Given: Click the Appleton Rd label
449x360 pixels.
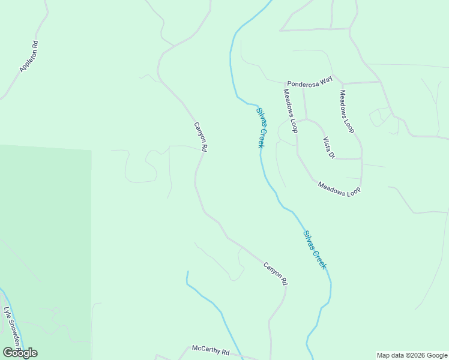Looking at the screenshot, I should coord(29,57).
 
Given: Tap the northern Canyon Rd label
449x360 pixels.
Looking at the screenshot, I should coord(200,137).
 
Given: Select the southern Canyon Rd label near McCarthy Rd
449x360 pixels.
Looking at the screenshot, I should coord(276,273).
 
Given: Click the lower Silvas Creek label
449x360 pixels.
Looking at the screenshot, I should coord(315,250).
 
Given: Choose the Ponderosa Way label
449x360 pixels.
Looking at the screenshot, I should coord(309,83).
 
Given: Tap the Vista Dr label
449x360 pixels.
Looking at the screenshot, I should coord(329,148).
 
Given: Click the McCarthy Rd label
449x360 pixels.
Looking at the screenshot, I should coord(211,350).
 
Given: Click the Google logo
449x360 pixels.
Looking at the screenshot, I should coord(20,353).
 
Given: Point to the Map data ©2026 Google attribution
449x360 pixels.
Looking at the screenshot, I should coord(412,355).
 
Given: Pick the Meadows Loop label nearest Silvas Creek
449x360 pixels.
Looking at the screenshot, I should coord(291,110).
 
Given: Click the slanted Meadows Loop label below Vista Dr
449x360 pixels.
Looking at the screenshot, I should coord(339,189).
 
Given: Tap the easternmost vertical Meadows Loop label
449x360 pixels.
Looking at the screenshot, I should coord(347,112).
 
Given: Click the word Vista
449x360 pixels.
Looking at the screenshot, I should coord(327,145).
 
